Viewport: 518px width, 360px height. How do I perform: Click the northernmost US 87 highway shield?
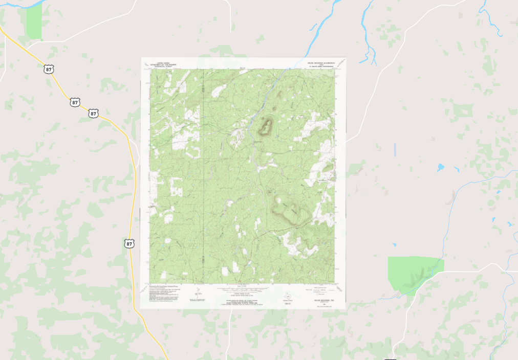[49, 69]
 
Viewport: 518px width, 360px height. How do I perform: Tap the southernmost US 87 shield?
[129, 243]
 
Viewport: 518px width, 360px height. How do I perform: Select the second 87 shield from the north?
[75, 102]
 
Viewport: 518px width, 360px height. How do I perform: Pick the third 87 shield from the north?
[93, 113]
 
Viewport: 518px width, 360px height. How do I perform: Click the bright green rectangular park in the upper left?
[34, 22]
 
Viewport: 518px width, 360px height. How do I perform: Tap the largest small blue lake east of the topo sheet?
[440, 167]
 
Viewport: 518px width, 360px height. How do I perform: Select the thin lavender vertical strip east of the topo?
[395, 150]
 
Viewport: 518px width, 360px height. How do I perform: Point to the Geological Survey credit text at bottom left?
[164, 291]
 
